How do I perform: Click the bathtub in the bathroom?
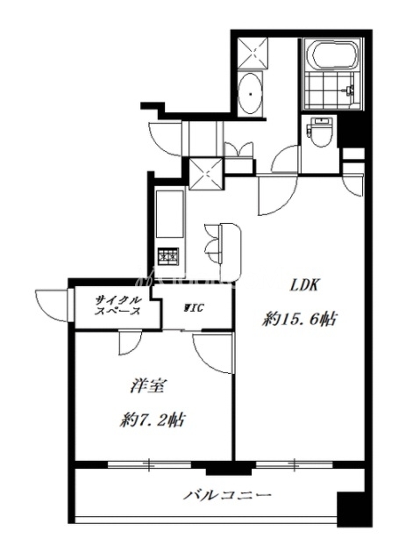point(334,54)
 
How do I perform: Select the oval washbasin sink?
point(250,93)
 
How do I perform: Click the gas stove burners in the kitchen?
point(168,256)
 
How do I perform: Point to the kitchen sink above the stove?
point(170,214)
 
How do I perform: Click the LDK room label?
point(303,285)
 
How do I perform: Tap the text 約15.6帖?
point(298,320)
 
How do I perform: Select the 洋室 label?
point(147,386)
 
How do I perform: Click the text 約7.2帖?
point(153,420)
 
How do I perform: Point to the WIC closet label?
point(193,308)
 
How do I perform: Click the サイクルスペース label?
point(118,305)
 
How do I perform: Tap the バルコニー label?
point(227,496)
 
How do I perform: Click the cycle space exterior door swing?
point(52,305)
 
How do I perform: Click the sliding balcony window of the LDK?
point(294,463)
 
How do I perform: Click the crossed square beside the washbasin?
point(253,54)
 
